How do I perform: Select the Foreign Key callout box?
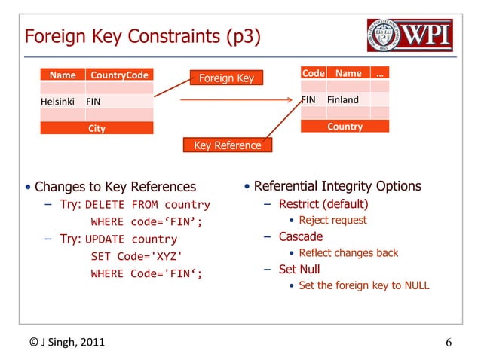226,78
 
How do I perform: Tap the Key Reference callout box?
228,145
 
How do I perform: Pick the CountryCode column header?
119,75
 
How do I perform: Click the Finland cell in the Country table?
343,99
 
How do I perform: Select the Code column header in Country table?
313,73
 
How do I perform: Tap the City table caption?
97,128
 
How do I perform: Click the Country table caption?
345,127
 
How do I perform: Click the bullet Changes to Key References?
115,187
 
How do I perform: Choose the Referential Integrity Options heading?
337,186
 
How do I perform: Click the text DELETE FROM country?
148,204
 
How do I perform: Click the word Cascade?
301,236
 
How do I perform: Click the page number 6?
449,344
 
